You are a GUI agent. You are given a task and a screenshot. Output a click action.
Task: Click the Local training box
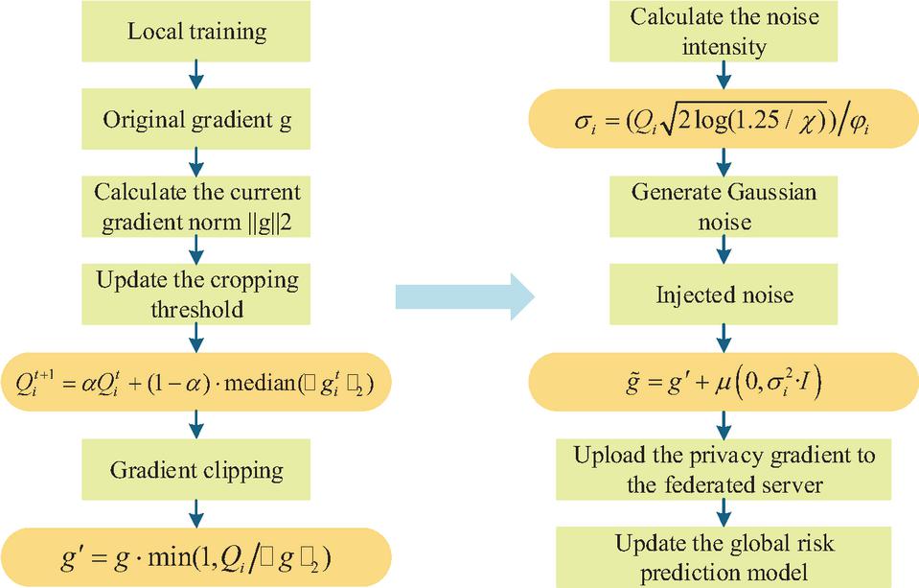point(195,31)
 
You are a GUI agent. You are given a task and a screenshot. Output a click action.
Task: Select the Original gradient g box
point(195,119)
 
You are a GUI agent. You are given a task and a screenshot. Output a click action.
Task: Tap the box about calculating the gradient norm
point(195,206)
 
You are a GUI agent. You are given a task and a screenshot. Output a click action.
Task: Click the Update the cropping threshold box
point(195,294)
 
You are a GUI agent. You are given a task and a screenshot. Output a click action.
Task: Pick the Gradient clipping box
point(195,470)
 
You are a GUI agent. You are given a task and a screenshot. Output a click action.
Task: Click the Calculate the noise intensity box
point(724,31)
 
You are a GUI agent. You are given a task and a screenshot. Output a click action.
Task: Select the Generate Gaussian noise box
point(724,206)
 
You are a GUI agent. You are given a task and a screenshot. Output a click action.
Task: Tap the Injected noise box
point(724,294)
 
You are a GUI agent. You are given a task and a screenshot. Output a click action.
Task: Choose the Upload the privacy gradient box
point(724,470)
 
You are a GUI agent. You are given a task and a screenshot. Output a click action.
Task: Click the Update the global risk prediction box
point(724,557)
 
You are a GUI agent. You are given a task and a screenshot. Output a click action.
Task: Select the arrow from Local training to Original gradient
point(196,75)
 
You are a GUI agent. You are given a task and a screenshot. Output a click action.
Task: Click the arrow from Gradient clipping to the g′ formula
point(196,513)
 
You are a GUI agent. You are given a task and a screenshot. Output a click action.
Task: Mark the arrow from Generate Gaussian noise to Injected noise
point(724,250)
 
